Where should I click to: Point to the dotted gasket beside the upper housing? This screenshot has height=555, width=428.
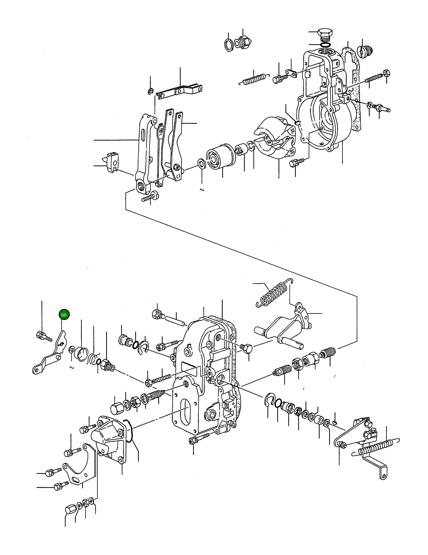354,76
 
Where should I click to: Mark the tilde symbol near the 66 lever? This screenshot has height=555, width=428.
71,367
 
